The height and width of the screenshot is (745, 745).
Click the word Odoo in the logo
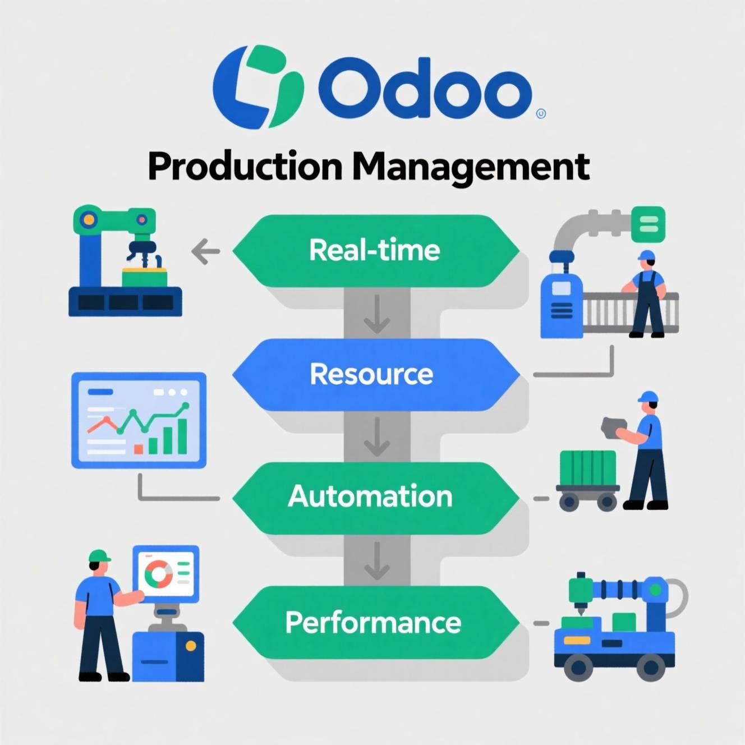tap(425, 89)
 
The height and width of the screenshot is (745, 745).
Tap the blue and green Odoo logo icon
tap(258, 86)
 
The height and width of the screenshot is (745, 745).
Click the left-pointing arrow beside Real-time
tap(206, 251)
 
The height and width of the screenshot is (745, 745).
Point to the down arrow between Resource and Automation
tap(377, 437)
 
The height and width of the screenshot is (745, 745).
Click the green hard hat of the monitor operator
tap(99, 555)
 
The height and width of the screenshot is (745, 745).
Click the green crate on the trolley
tap(588, 468)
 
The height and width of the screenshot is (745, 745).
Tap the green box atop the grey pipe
tap(649, 224)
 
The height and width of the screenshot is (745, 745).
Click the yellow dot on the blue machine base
tap(191, 646)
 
